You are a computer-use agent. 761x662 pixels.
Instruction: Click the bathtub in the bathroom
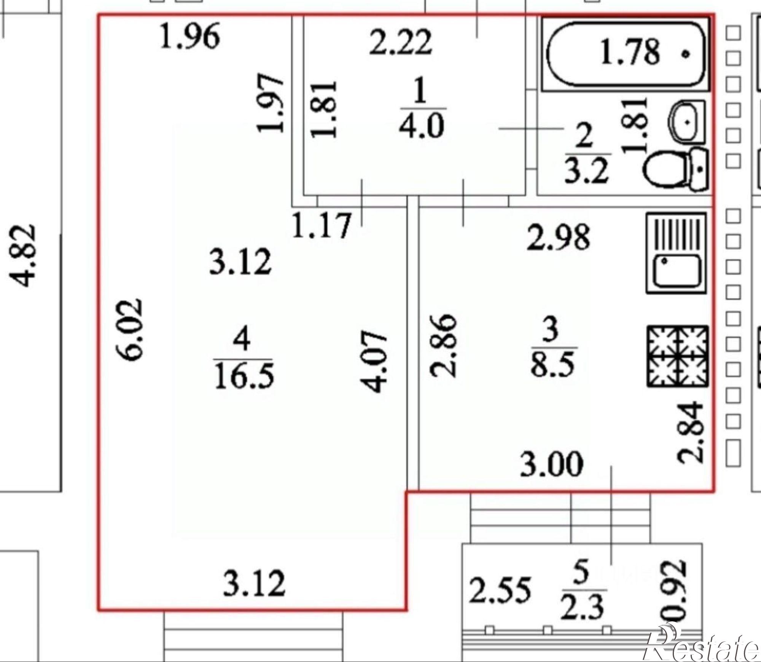click(626, 54)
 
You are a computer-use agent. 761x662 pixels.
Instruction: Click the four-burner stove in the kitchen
click(678, 356)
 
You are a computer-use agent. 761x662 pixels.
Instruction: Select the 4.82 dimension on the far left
click(24, 255)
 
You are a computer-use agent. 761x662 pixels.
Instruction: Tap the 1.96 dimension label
click(189, 36)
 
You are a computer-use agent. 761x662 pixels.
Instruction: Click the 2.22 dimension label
click(401, 42)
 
